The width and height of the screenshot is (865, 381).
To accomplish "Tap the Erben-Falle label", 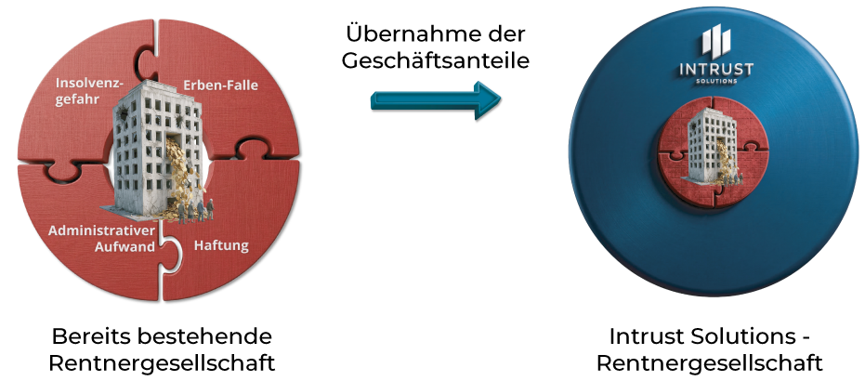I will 221,85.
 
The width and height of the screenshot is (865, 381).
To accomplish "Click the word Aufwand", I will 125,247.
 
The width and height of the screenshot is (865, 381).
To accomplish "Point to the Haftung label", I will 221,245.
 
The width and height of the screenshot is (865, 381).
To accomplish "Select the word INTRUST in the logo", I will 715,69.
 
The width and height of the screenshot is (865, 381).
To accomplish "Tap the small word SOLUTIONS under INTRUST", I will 716,81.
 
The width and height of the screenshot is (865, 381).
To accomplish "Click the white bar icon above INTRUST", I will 716,42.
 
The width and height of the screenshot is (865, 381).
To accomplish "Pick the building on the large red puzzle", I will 149,149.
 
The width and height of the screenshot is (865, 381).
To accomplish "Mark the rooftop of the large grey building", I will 144,89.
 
